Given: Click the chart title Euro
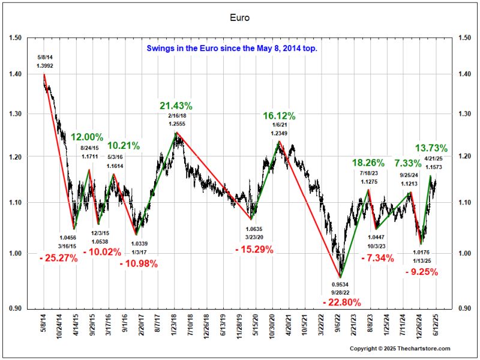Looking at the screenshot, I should pyautogui.click(x=239, y=17).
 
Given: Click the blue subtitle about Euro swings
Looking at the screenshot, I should pyautogui.click(x=232, y=49).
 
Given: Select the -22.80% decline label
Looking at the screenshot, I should pyautogui.click(x=341, y=301).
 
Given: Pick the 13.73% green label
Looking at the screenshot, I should pyautogui.click(x=431, y=148).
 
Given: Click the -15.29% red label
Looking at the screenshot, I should pyautogui.click(x=254, y=250).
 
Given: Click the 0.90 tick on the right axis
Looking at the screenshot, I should pyautogui.click(x=463, y=308).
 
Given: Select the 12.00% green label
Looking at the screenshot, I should pyautogui.click(x=88, y=137).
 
